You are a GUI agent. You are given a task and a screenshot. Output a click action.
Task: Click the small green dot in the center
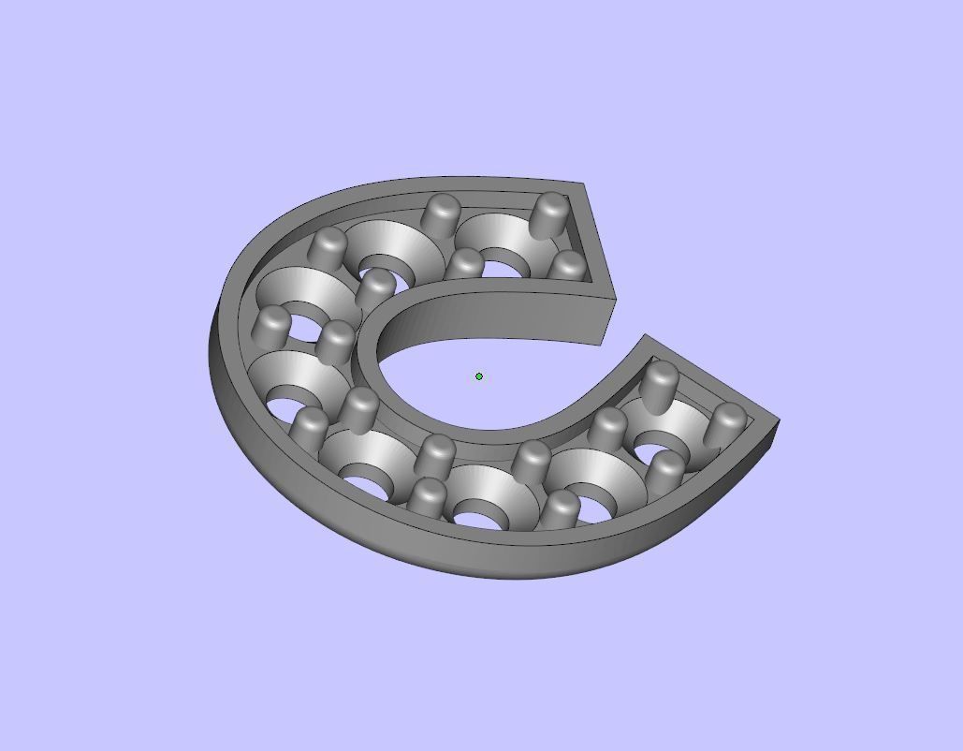[479, 376]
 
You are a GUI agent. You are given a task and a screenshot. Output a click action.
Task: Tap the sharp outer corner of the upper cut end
[585, 184]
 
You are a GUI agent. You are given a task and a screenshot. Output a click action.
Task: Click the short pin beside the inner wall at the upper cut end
[566, 265]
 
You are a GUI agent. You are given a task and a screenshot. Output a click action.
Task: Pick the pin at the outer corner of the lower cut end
[728, 422]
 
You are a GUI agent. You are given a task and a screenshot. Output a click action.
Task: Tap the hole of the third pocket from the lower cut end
[487, 516]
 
